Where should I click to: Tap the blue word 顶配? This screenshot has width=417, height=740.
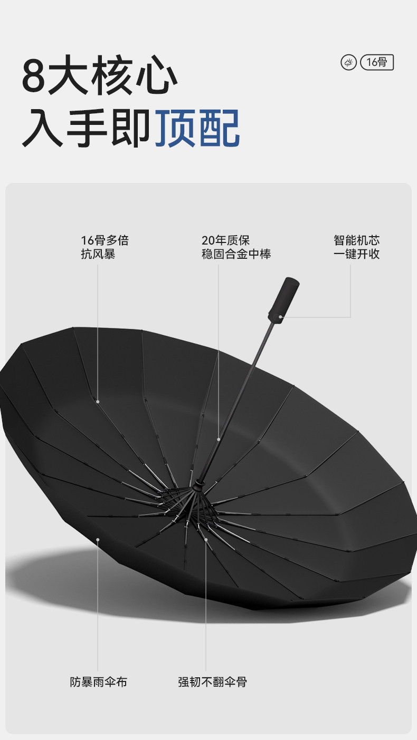pos(197,128)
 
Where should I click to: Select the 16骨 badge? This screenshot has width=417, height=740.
pos(377,62)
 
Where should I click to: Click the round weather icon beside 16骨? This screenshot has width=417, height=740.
pos(348,63)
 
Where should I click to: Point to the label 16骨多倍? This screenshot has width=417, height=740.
pos(105,241)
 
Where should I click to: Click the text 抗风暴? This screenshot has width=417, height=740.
pos(98,254)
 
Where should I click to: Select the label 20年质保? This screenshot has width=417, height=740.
pos(225,241)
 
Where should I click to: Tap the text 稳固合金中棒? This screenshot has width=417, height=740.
pos(236,254)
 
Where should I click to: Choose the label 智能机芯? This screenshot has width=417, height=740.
pos(356,241)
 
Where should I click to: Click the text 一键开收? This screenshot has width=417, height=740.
pos(356,254)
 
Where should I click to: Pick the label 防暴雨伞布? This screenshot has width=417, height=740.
pos(99,682)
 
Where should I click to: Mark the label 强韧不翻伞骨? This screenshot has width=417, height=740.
pos(212,682)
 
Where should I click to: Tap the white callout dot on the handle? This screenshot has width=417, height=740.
pos(280,317)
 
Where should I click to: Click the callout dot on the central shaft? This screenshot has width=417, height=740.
pos(219,439)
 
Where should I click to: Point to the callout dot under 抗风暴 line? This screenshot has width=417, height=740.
pos(98,402)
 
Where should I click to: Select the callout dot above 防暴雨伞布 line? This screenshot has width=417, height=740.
pos(98,539)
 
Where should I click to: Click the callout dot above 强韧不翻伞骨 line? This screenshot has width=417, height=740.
pos(205,539)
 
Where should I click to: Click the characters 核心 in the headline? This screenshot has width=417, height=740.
pos(134,77)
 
